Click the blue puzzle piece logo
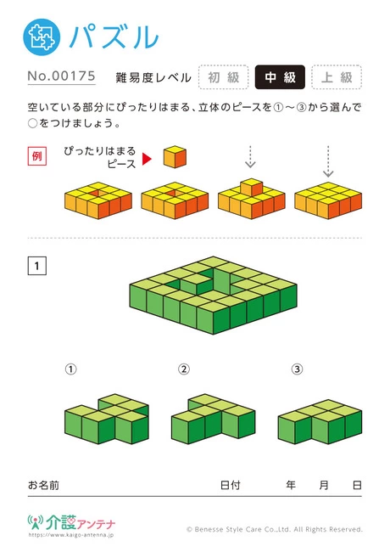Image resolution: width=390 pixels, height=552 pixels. pos(42,37)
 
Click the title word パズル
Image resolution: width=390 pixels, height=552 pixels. pos(114,37)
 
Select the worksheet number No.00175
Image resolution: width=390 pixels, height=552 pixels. pos(62,76)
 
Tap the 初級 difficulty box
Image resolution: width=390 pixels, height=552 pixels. pos(224,77)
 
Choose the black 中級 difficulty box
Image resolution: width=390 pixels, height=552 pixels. pos(280,77)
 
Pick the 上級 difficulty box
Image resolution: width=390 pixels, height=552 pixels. pos(337,77)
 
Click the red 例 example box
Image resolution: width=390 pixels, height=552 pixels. pos(37,156)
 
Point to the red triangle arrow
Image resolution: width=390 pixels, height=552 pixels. pos(147,159)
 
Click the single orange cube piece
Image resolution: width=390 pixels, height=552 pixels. pos(175,156)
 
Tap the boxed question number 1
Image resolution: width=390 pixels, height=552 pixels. pos(37,266)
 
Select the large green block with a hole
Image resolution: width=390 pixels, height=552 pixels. pos(214,295)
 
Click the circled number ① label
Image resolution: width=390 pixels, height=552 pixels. pos(70,369)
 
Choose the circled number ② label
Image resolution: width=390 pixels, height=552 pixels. pos(184,369)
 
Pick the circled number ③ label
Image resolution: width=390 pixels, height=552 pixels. pos(297,369)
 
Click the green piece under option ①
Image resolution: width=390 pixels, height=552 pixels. pos(107,419)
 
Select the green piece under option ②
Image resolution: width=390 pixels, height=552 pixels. pos(214,419)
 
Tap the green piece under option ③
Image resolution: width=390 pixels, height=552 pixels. pos(320,422)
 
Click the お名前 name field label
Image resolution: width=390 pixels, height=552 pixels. pos(43,485)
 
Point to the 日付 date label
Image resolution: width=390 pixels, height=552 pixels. pos(230,485)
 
